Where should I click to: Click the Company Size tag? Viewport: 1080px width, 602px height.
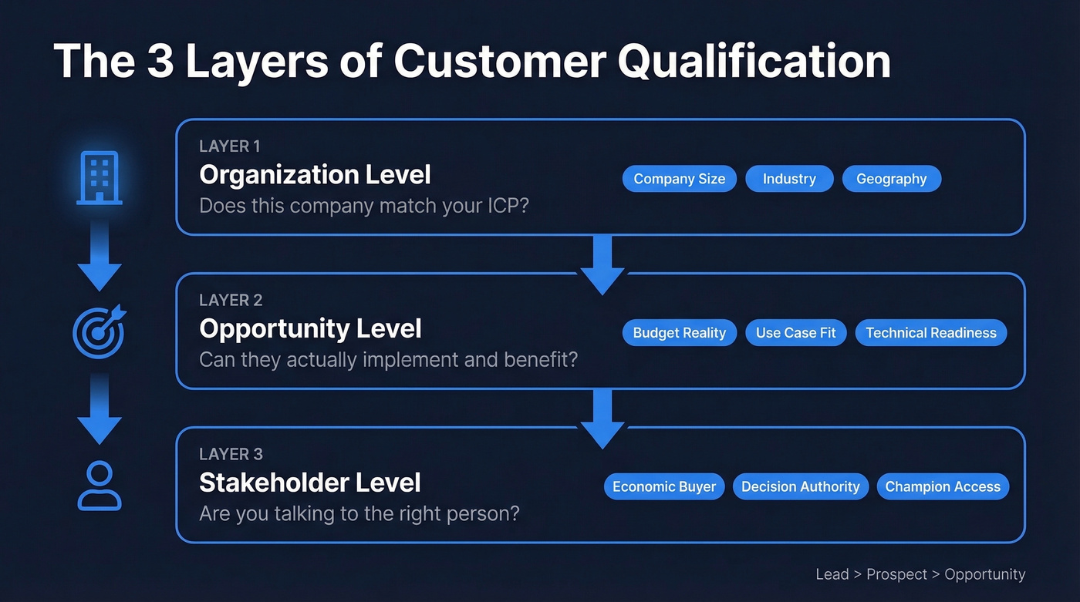[x=679, y=179]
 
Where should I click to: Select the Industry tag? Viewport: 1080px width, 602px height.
[x=789, y=179]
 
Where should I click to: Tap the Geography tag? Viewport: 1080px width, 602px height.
[x=891, y=179]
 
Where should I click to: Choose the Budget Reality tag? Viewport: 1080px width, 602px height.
[x=679, y=333]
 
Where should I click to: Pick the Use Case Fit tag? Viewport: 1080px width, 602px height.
[x=795, y=333]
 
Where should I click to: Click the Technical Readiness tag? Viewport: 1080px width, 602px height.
[x=930, y=333]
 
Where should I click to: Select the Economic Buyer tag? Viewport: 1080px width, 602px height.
[x=663, y=486]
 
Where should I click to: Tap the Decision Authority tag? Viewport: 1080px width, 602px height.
[x=800, y=486]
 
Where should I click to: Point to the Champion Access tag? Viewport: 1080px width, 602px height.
[x=942, y=486]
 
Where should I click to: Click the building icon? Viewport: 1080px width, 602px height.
[x=100, y=177]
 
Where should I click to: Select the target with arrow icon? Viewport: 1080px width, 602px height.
[x=98, y=331]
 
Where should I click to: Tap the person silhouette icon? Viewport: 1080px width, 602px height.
[x=100, y=486]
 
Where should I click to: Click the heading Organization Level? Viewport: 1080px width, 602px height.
[x=315, y=175]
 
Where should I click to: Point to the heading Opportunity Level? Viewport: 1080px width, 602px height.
[x=310, y=329]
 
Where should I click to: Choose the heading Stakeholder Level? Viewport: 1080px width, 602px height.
[x=310, y=483]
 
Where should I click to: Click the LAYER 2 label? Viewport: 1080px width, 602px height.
[x=231, y=300]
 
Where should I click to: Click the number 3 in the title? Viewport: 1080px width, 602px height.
[x=160, y=62]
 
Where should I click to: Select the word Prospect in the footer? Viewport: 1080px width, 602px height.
[x=896, y=574]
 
